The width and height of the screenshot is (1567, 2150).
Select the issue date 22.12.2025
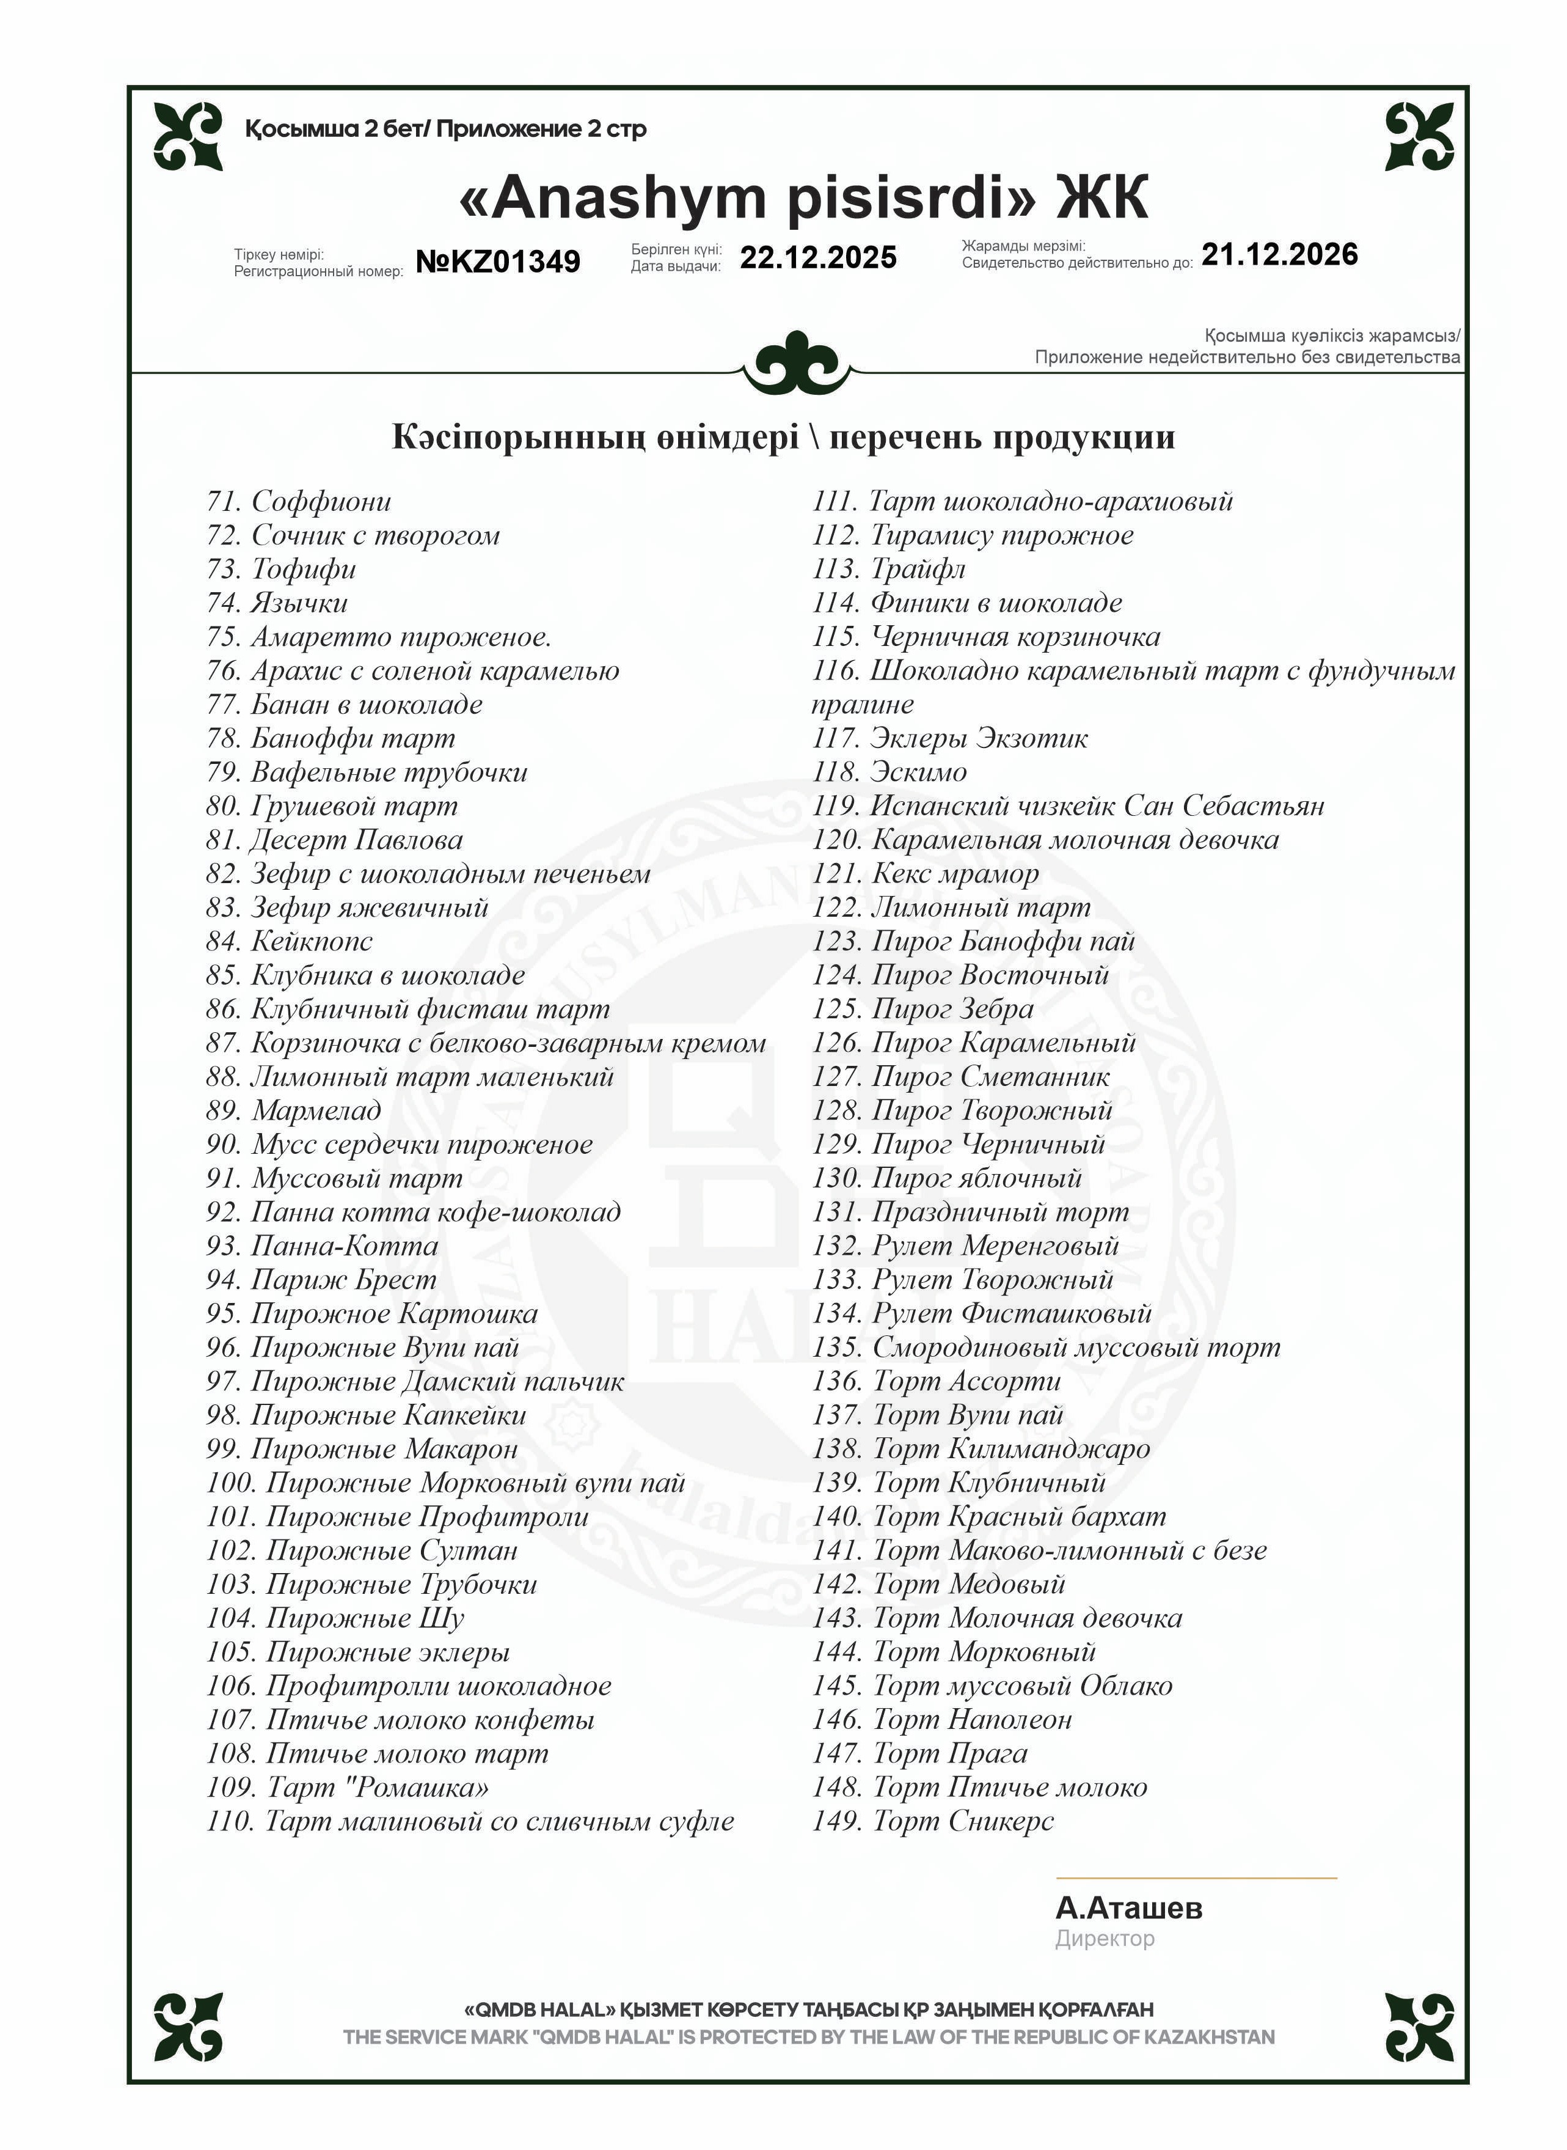click(817, 258)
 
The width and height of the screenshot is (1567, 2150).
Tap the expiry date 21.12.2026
click(1280, 254)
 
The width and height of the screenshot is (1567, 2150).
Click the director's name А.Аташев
click(1129, 1908)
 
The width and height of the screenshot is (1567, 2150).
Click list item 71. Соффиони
click(299, 502)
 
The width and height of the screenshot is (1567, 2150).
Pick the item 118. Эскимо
click(889, 772)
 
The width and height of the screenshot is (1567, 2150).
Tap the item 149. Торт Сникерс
click(933, 1822)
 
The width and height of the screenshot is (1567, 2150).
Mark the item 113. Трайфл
click(889, 570)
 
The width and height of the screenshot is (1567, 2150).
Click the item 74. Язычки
click(277, 603)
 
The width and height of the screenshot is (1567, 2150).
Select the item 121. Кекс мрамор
click(926, 874)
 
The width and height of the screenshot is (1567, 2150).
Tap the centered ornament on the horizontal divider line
click(798, 364)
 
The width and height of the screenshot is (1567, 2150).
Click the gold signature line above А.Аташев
click(1196, 1877)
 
